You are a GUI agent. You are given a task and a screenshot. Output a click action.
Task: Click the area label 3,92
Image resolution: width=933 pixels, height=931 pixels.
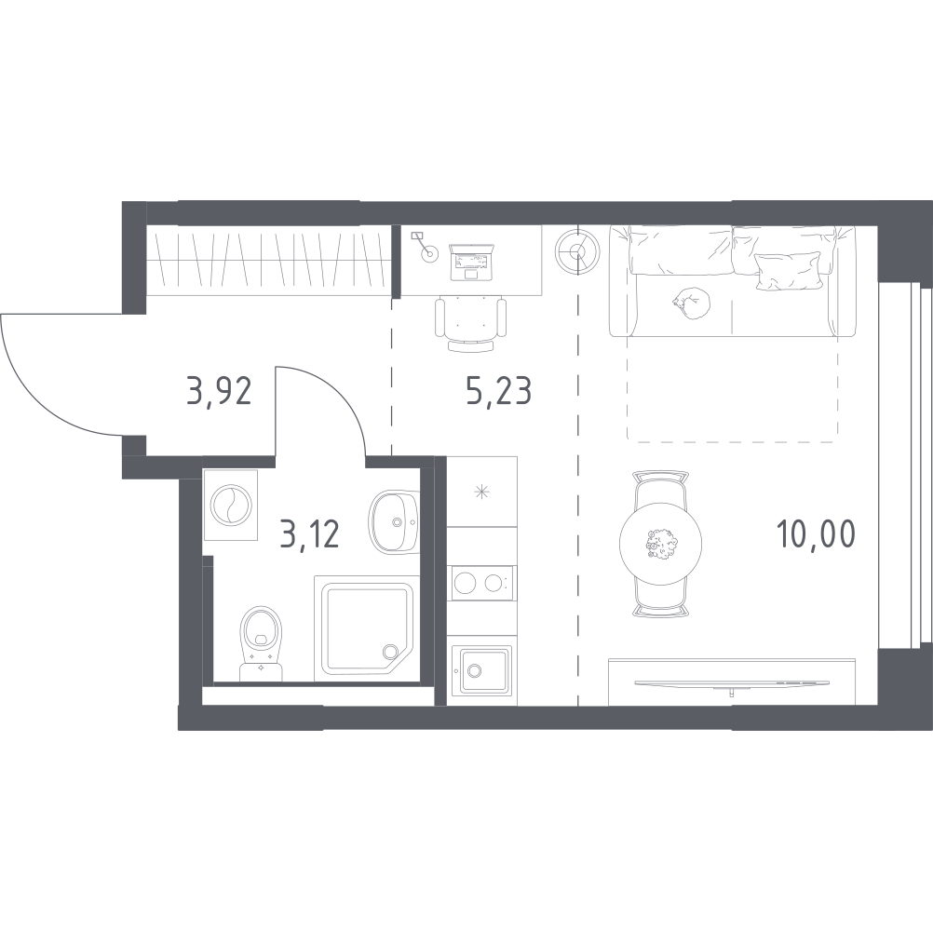[x=219, y=391]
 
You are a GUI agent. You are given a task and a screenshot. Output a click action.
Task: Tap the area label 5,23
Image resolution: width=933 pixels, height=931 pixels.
[x=499, y=391]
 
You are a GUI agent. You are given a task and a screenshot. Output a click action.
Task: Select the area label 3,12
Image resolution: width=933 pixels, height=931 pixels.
[x=309, y=533]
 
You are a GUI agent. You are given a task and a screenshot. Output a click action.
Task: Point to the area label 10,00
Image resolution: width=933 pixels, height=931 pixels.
[x=816, y=533]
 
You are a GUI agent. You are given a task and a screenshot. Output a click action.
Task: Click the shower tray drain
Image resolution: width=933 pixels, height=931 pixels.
[x=391, y=652]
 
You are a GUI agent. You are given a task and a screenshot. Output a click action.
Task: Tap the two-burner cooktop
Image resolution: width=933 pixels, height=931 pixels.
[x=480, y=583]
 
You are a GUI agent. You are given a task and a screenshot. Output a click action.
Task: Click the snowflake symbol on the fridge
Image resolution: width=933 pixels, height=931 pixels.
[x=481, y=492]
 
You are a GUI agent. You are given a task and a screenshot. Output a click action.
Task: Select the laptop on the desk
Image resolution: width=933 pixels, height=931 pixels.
[x=472, y=262]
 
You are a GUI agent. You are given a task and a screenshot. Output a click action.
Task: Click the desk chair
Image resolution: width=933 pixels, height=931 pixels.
[x=470, y=323]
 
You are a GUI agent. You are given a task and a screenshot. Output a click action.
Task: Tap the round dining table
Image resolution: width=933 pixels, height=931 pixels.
[x=660, y=542]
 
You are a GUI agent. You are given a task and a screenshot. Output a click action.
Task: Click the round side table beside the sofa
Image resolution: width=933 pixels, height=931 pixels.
[x=577, y=251]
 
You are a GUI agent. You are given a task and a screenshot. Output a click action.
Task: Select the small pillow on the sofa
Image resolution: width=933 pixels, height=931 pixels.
[x=784, y=271]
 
